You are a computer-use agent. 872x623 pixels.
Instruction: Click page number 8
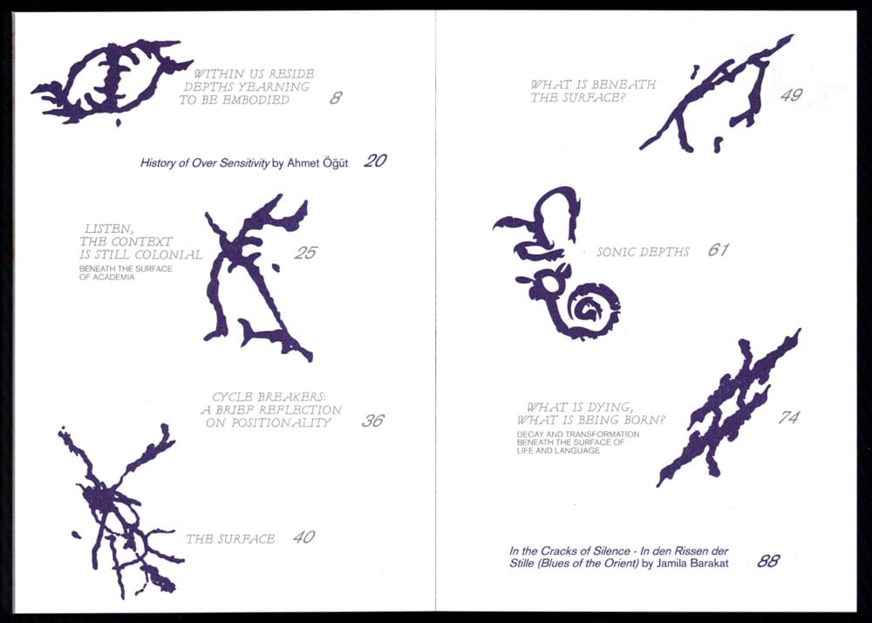[336, 98]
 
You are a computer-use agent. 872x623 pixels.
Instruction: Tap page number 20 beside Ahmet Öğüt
[375, 161]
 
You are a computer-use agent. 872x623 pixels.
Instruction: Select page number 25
[305, 252]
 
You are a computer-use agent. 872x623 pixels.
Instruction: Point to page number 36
[372, 420]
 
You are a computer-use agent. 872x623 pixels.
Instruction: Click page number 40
[303, 537]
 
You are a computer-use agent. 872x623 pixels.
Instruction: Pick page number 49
[792, 95]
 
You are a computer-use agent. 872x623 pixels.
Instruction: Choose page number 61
[718, 250]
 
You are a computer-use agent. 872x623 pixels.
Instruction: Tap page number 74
[788, 417]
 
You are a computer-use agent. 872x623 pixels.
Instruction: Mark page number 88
[768, 561]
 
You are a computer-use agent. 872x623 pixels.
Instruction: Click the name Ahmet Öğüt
[317, 163]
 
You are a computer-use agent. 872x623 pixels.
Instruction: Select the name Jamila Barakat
[692, 564]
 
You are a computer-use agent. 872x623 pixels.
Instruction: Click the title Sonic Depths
[643, 252]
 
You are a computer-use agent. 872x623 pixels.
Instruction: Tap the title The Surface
[230, 538]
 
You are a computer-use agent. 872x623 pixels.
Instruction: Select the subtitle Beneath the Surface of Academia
[126, 273]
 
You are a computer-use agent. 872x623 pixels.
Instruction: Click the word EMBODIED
[256, 100]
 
